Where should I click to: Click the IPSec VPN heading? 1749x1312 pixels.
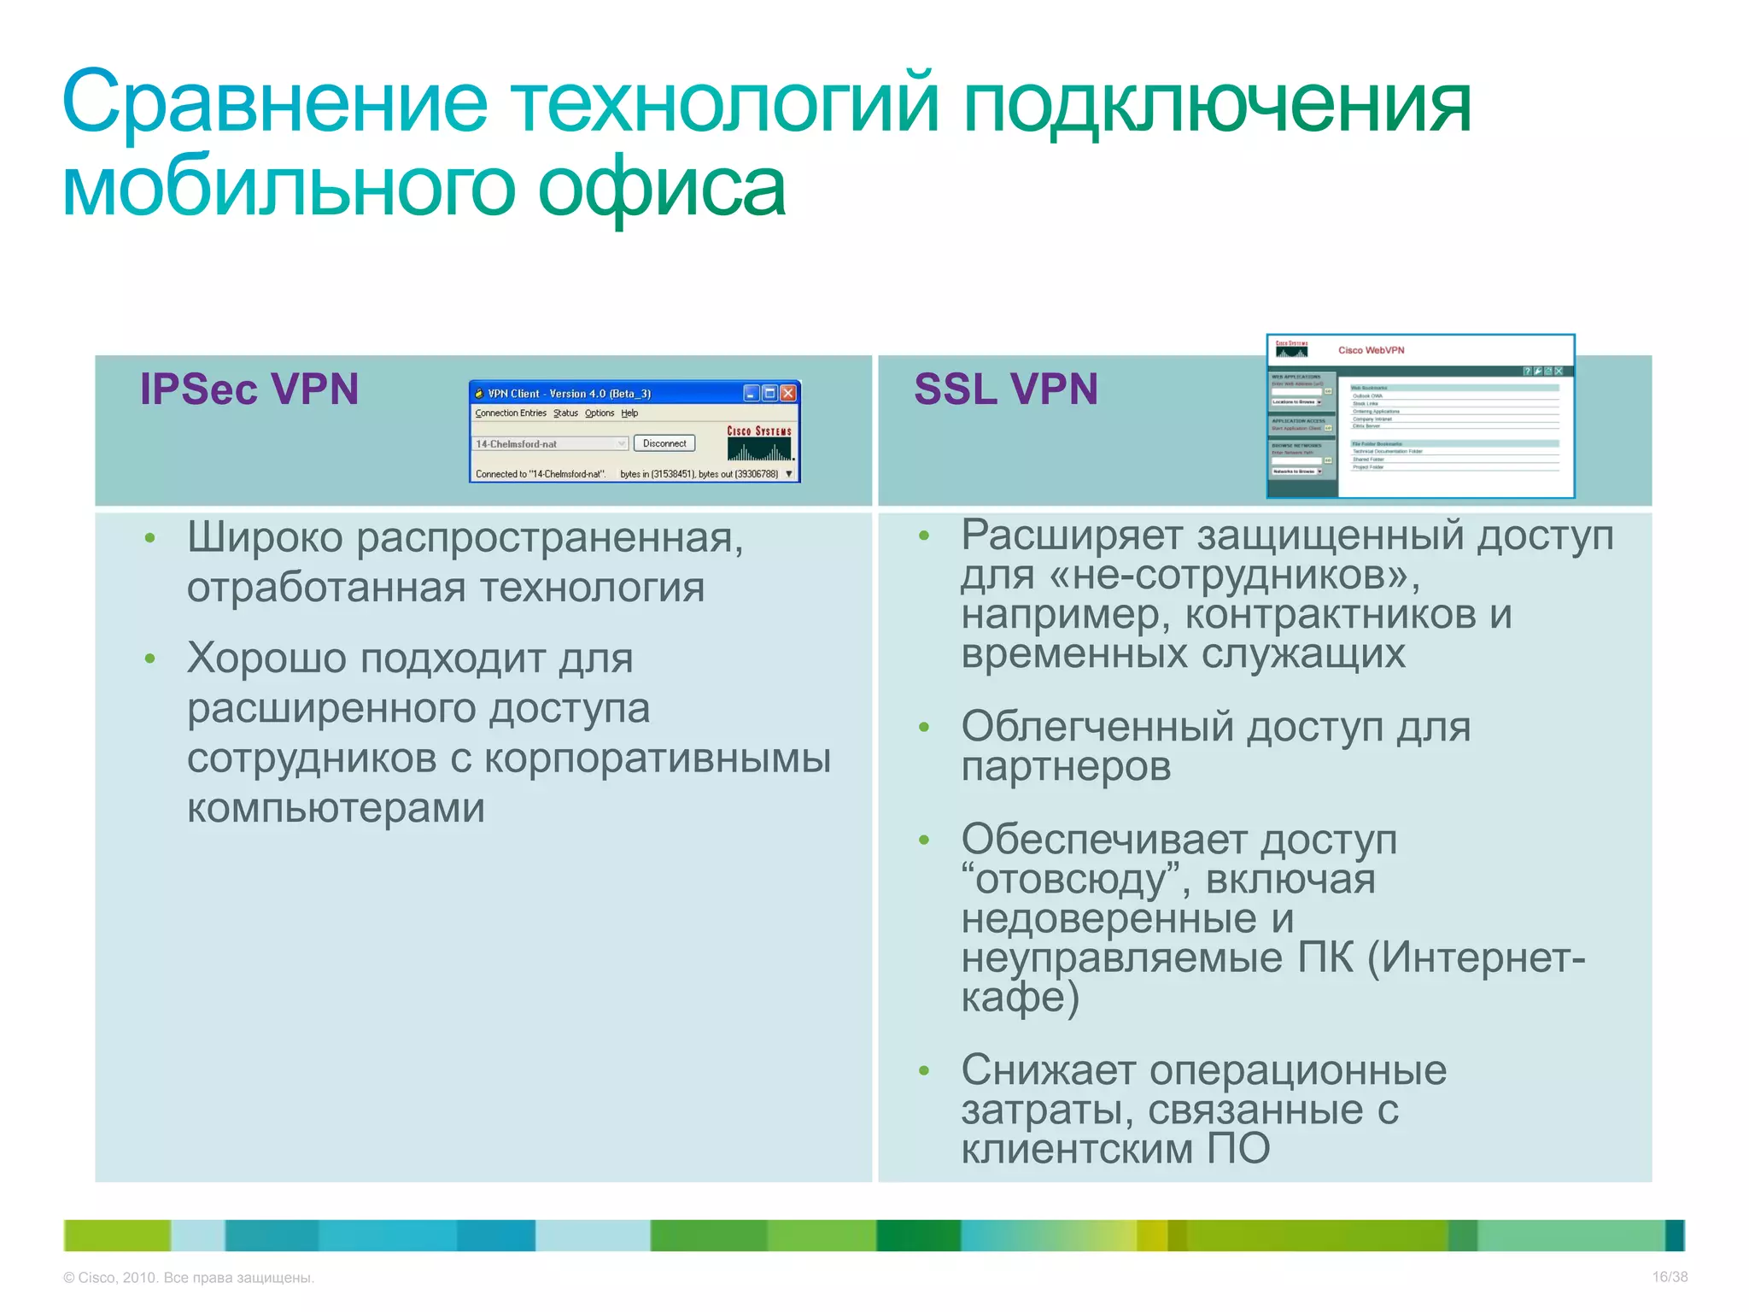click(x=249, y=389)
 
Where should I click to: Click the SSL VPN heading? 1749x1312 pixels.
click(x=1005, y=389)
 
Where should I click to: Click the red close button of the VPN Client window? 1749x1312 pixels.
click(x=788, y=393)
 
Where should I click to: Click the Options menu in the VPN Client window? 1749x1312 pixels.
click(x=600, y=413)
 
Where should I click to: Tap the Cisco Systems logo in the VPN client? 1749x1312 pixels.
click(x=759, y=442)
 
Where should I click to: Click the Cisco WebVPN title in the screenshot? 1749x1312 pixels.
click(x=1371, y=350)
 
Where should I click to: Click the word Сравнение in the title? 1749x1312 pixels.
click(x=274, y=102)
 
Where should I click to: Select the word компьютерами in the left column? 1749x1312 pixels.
click(x=336, y=808)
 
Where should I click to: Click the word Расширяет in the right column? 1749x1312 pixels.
click(x=1072, y=536)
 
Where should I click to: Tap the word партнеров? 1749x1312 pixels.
click(x=1066, y=767)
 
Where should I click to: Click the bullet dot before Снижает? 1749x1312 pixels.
click(x=923, y=1070)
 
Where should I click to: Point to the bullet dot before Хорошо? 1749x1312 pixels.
click(x=150, y=659)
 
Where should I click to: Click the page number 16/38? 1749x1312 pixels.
click(x=1670, y=1277)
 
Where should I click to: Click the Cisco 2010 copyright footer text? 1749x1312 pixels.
click(x=189, y=1278)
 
